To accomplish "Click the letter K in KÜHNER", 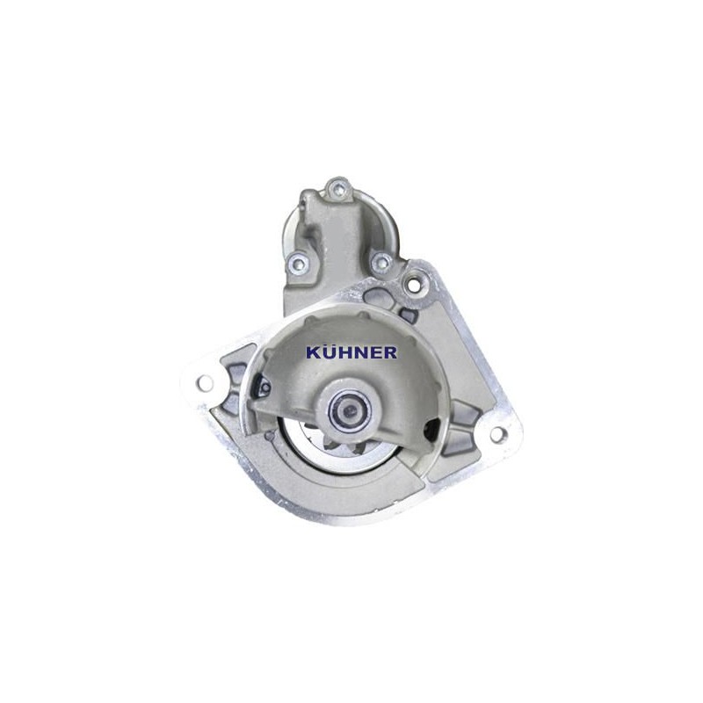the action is pyautogui.click(x=313, y=352).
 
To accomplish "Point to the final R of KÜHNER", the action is pyautogui.click(x=389, y=352).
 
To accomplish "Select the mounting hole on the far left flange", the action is pyautogui.click(x=205, y=382).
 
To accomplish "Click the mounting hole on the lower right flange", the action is pyautogui.click(x=496, y=433).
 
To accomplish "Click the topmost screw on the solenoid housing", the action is pyautogui.click(x=337, y=189).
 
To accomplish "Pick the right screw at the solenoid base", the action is pyautogui.click(x=381, y=261).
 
